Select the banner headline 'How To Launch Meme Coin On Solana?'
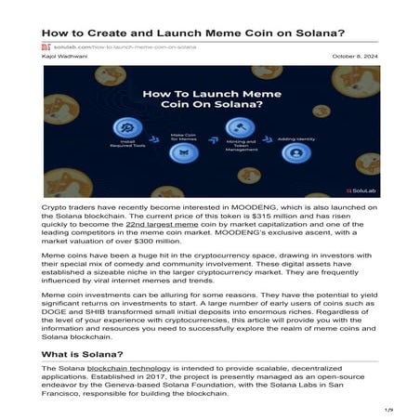(209, 100)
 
